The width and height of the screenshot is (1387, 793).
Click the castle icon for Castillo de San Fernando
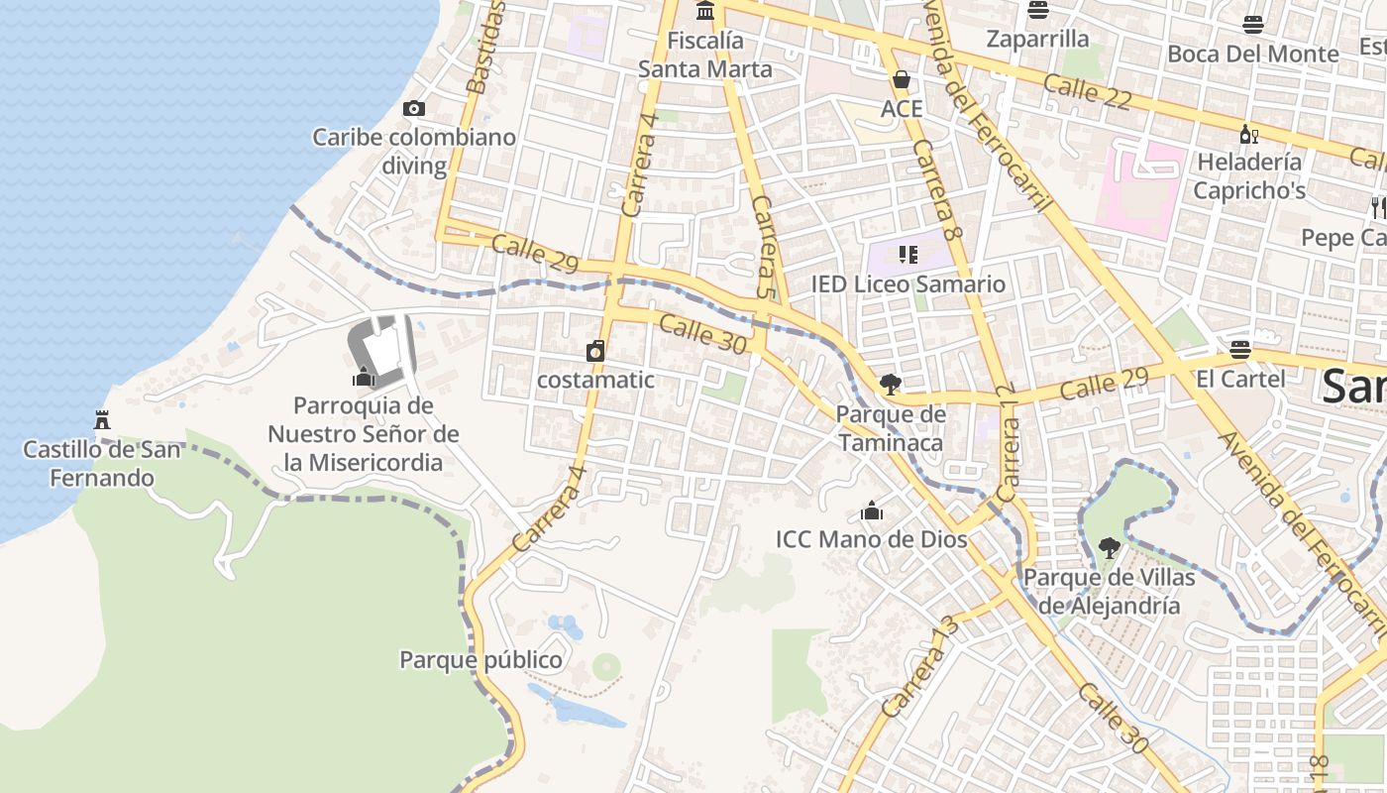coord(100,419)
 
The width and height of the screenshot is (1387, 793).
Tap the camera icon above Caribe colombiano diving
coord(414,108)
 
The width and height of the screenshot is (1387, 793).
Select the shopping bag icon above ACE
coord(902,79)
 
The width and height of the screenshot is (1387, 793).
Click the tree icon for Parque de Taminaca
coord(890,384)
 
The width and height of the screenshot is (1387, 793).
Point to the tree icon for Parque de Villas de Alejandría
coord(1110,546)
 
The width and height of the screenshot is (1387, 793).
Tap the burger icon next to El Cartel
coord(1239,349)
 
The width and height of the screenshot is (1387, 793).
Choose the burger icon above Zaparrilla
coord(1037,10)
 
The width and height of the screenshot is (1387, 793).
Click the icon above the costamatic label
coord(595,350)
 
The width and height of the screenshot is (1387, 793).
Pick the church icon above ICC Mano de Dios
coord(872,510)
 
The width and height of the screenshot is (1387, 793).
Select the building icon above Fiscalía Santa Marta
coord(705,11)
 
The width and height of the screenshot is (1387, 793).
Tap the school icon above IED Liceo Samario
coord(907,255)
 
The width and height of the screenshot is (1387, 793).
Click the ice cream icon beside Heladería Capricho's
coord(1248,133)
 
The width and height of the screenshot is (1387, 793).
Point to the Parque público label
coord(480,659)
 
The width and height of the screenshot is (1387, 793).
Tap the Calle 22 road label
coord(1087,90)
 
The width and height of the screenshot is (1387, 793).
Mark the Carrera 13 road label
coord(920,666)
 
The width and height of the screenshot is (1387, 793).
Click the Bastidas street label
coord(485,48)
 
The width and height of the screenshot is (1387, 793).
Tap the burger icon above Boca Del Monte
coord(1253,24)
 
